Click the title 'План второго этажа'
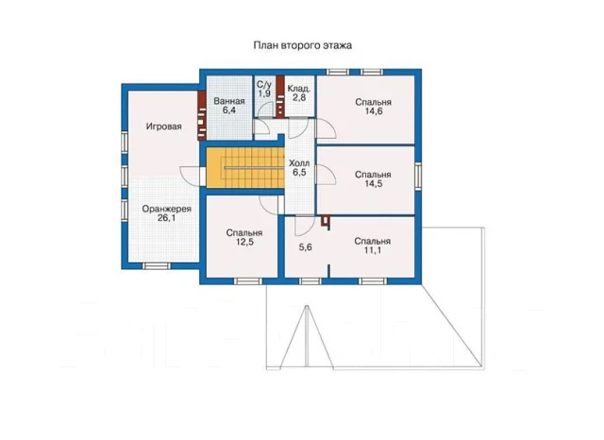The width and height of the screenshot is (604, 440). coord(302,45)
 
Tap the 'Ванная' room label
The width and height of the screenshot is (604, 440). coord(229,101)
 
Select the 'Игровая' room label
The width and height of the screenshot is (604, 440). coord(163,127)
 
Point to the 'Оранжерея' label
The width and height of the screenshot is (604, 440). coord(166,209)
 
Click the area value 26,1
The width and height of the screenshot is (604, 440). coord(166,218)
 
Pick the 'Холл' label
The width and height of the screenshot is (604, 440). coord(299,163)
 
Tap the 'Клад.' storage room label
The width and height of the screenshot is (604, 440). coord(299,89)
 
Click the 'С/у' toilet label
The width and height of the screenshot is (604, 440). coord(264,85)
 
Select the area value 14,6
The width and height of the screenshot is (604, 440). coord(374,111)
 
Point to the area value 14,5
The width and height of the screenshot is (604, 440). coord(374,184)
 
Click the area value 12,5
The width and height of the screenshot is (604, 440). coord(244,242)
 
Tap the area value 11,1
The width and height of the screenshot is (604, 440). coord(373,250)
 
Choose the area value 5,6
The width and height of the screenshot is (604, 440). coord(306,247)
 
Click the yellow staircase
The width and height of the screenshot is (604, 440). coord(245,168)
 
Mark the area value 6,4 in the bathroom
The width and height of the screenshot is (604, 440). coord(229,110)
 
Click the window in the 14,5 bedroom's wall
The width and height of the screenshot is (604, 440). coord(418,176)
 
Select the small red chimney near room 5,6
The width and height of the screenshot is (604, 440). coord(326,222)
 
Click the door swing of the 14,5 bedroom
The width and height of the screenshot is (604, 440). coord(326,175)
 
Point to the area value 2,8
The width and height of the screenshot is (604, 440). coord(299,97)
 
